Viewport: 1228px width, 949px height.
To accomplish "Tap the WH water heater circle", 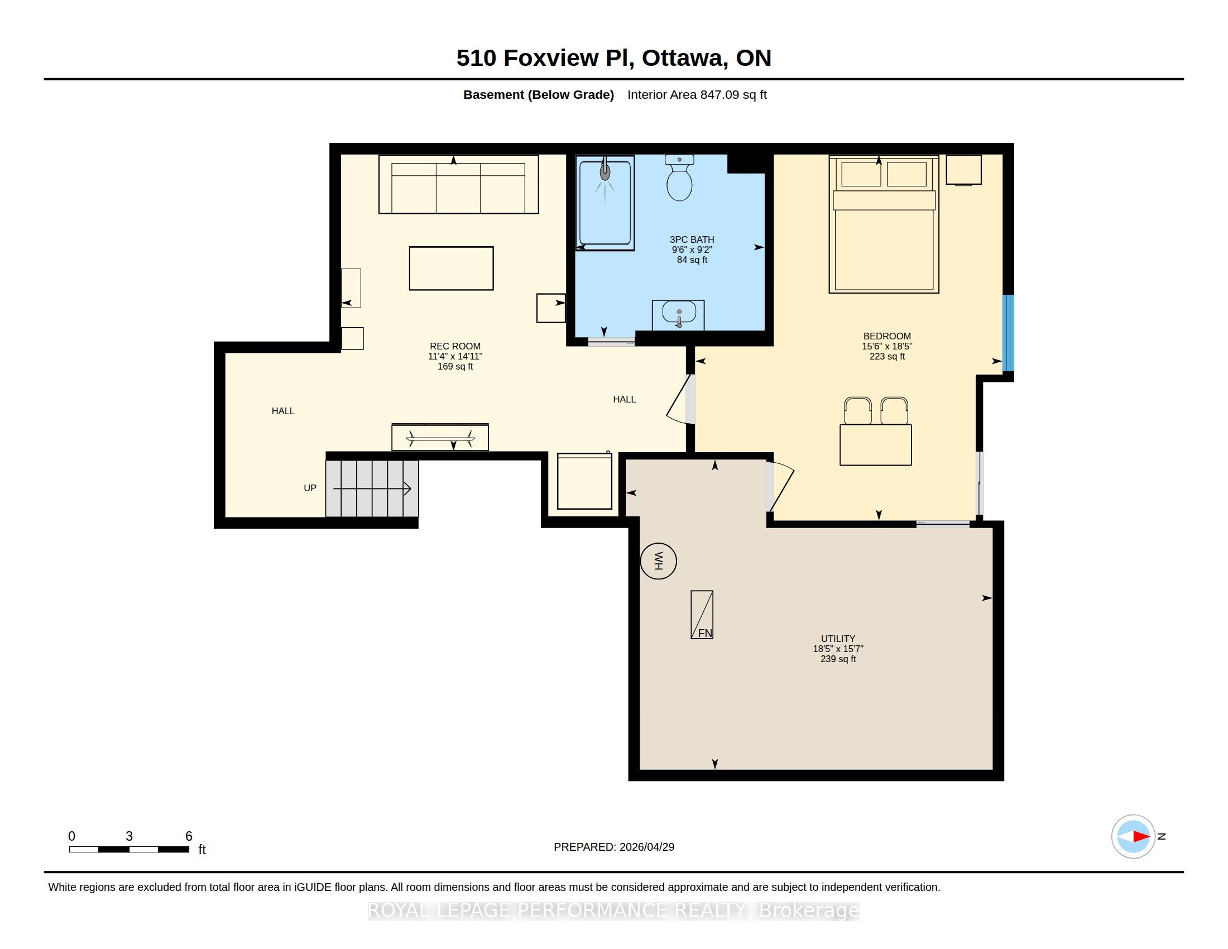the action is [x=659, y=560].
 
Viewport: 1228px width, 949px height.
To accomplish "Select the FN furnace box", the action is [x=702, y=615].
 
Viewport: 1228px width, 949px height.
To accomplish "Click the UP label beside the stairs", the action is [x=310, y=488].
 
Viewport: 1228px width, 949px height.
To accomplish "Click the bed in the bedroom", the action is [x=884, y=224].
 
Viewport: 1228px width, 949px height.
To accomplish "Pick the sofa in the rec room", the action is [x=459, y=184].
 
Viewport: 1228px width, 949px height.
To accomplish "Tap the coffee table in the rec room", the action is [x=451, y=268].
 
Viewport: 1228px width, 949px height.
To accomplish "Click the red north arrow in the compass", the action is [x=1141, y=837].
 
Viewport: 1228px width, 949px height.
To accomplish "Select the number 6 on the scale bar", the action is [x=189, y=836].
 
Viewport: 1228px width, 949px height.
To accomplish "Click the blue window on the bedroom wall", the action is [x=1009, y=333].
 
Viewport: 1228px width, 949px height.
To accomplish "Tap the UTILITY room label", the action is [x=838, y=639].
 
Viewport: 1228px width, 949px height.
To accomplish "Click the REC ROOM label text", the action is [x=455, y=346].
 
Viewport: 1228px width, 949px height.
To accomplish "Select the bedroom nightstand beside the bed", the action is [x=964, y=170].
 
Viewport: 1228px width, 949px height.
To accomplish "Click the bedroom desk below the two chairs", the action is [x=875, y=445].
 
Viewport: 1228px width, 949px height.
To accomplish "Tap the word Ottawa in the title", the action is [x=683, y=58].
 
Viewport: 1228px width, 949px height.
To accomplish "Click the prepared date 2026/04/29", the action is [x=646, y=847].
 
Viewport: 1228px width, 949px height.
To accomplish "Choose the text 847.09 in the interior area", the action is [x=719, y=94].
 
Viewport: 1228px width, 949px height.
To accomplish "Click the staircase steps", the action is [x=372, y=488].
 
